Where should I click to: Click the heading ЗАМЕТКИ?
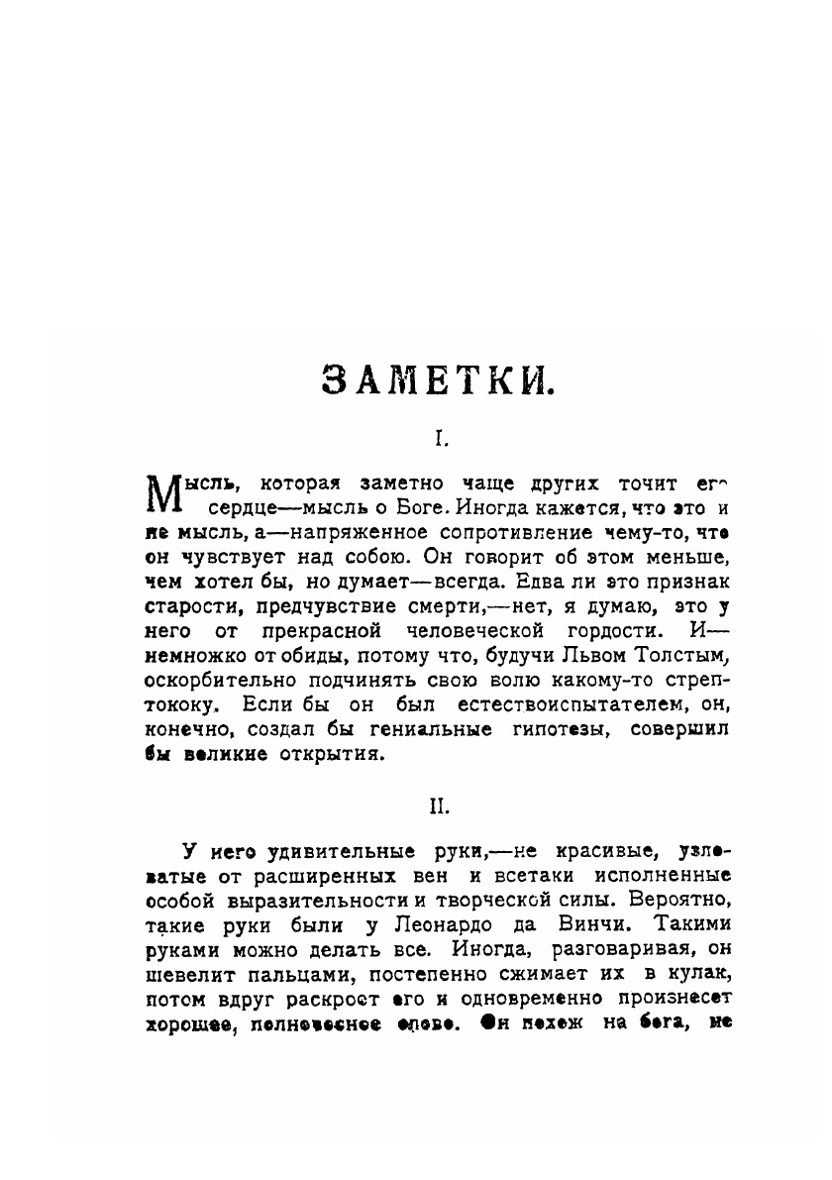[x=438, y=380]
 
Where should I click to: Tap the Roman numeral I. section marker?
[x=438, y=437]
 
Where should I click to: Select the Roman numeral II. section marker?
[x=438, y=807]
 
